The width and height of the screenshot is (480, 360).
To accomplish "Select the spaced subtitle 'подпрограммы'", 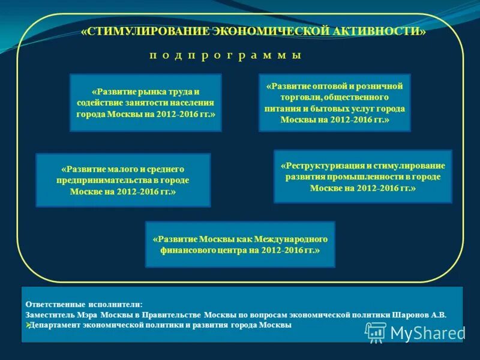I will tap(225, 55).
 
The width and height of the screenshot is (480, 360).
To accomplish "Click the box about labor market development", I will tap(146, 103).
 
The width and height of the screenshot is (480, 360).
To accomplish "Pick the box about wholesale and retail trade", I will tap(334, 103).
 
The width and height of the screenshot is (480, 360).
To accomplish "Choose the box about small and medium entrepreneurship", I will tap(123, 180).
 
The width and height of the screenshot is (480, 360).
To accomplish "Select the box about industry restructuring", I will tap(362, 176).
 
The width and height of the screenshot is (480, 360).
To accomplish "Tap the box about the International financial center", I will tap(240, 244).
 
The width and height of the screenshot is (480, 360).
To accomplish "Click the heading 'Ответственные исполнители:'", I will tap(85, 304).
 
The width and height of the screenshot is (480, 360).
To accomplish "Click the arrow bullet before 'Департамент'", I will tap(28, 325).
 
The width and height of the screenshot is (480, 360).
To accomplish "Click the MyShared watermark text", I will tap(427, 332).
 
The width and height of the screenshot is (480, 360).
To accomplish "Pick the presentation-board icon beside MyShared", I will tap(376, 332).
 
